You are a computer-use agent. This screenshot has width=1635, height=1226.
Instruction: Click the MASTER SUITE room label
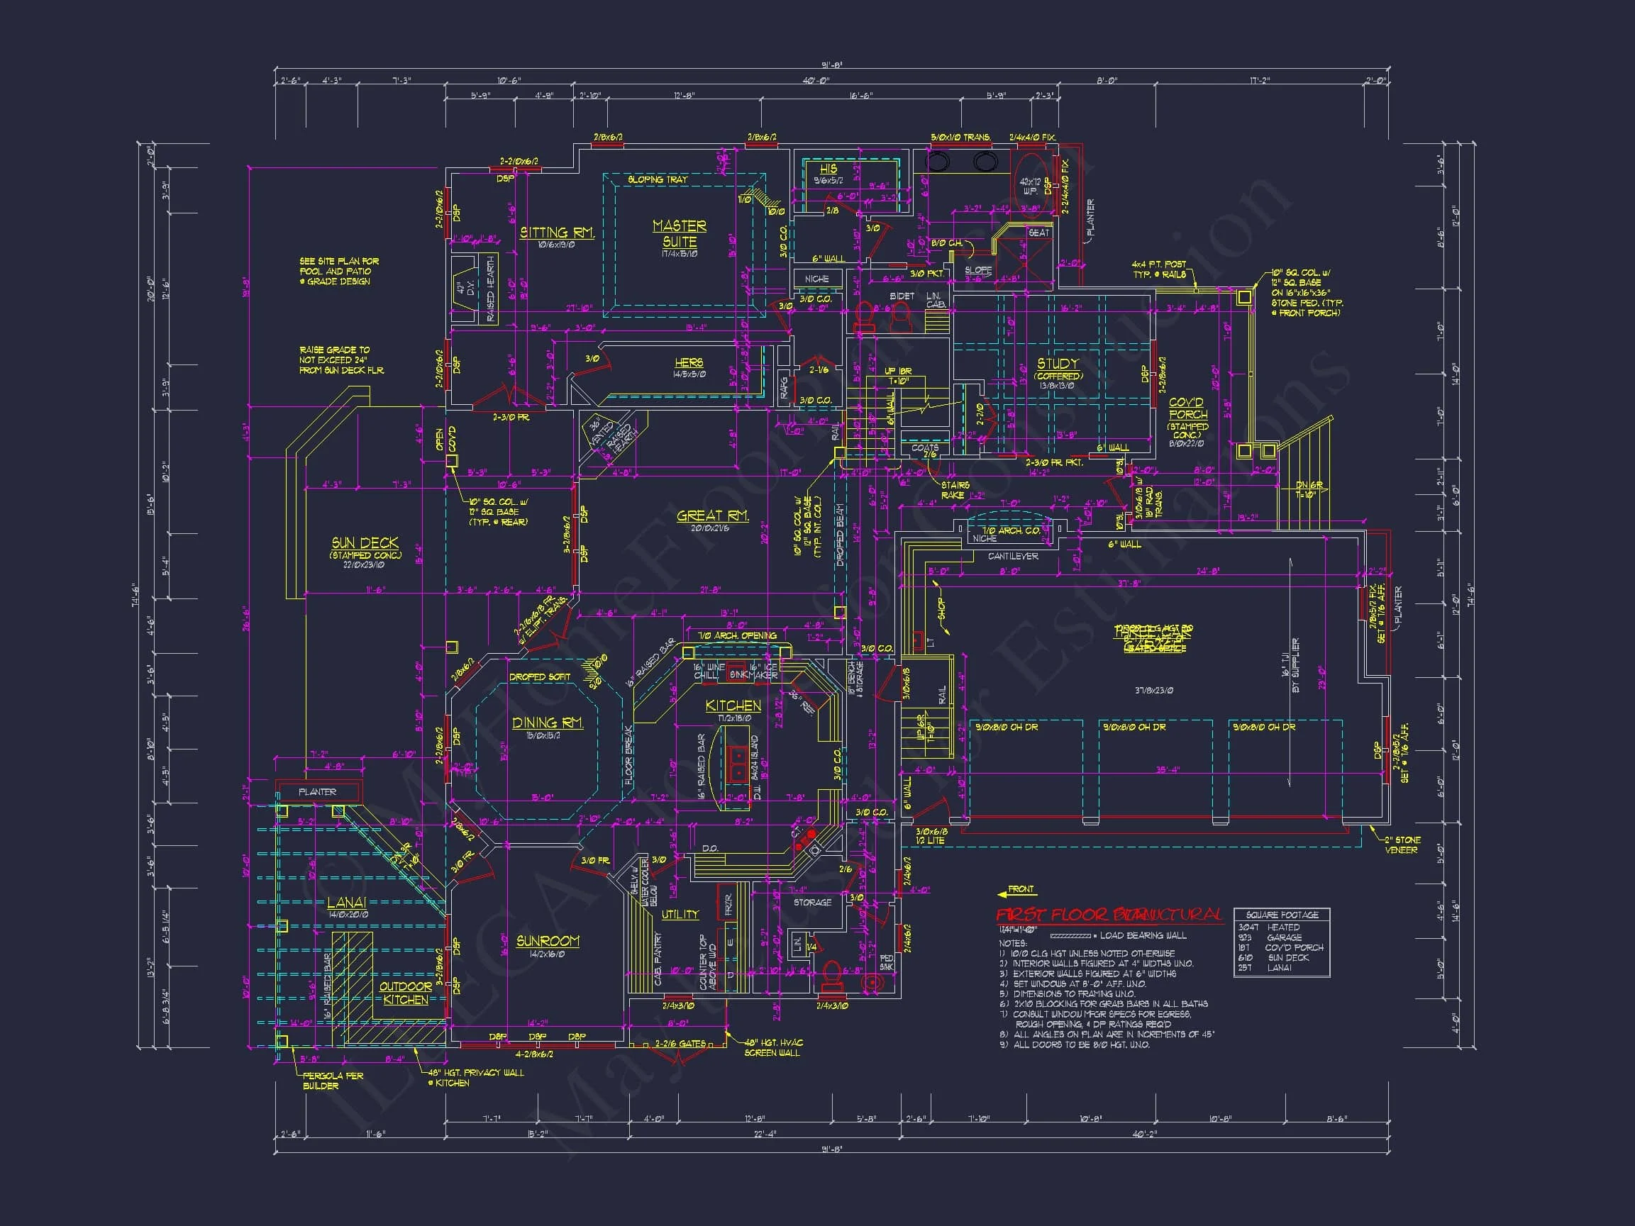pos(680,233)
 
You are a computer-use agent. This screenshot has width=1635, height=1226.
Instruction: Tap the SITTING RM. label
pos(557,233)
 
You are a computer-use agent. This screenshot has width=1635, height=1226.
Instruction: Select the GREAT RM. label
pos(713,516)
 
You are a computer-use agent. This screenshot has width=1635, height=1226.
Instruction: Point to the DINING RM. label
pos(547,723)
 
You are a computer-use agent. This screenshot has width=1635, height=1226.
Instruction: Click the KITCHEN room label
pos(733,706)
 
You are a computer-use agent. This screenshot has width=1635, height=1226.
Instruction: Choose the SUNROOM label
pos(547,941)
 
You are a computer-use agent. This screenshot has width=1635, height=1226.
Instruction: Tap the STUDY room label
pos(1058,364)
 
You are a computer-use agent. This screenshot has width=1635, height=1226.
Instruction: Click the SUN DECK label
pos(365,543)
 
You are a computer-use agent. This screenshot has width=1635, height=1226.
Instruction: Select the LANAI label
pos(347,903)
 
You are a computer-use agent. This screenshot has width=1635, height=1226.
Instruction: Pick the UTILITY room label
pos(680,914)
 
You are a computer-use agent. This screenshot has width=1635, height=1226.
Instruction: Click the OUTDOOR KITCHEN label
pos(405,993)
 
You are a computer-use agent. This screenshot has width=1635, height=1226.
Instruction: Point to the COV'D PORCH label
pos(1186,408)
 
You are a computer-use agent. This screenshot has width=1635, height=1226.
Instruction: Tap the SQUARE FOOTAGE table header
pos(1282,915)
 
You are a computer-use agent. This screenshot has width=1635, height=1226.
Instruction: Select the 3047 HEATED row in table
pos(1272,927)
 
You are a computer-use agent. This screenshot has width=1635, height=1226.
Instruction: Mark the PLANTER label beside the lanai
pos(317,792)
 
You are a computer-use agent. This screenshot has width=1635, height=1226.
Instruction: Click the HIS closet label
pos(828,169)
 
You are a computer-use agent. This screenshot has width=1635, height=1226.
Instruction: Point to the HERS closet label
pos(688,363)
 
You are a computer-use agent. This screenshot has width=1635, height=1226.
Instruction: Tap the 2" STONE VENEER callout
pos(1401,845)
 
